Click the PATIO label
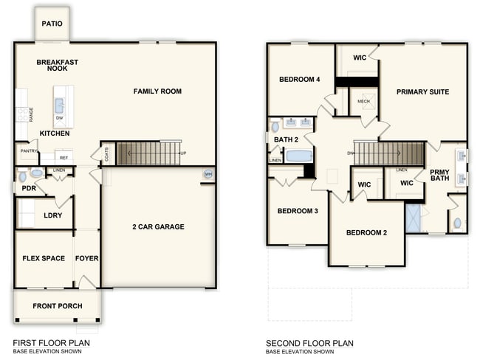click(52, 24)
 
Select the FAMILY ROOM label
click(157, 91)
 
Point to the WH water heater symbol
click(208, 174)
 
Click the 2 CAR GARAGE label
click(158, 226)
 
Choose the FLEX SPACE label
click(44, 258)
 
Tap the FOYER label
click(87, 258)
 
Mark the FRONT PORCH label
click(58, 306)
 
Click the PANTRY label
click(29, 152)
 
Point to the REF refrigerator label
click(64, 157)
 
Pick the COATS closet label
click(107, 154)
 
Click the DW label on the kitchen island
click(59, 117)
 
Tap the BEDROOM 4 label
click(299, 80)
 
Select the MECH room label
click(363, 102)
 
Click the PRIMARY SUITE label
click(422, 92)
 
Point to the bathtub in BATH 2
click(299, 156)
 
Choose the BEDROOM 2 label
click(366, 233)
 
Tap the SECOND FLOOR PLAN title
click(310, 343)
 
